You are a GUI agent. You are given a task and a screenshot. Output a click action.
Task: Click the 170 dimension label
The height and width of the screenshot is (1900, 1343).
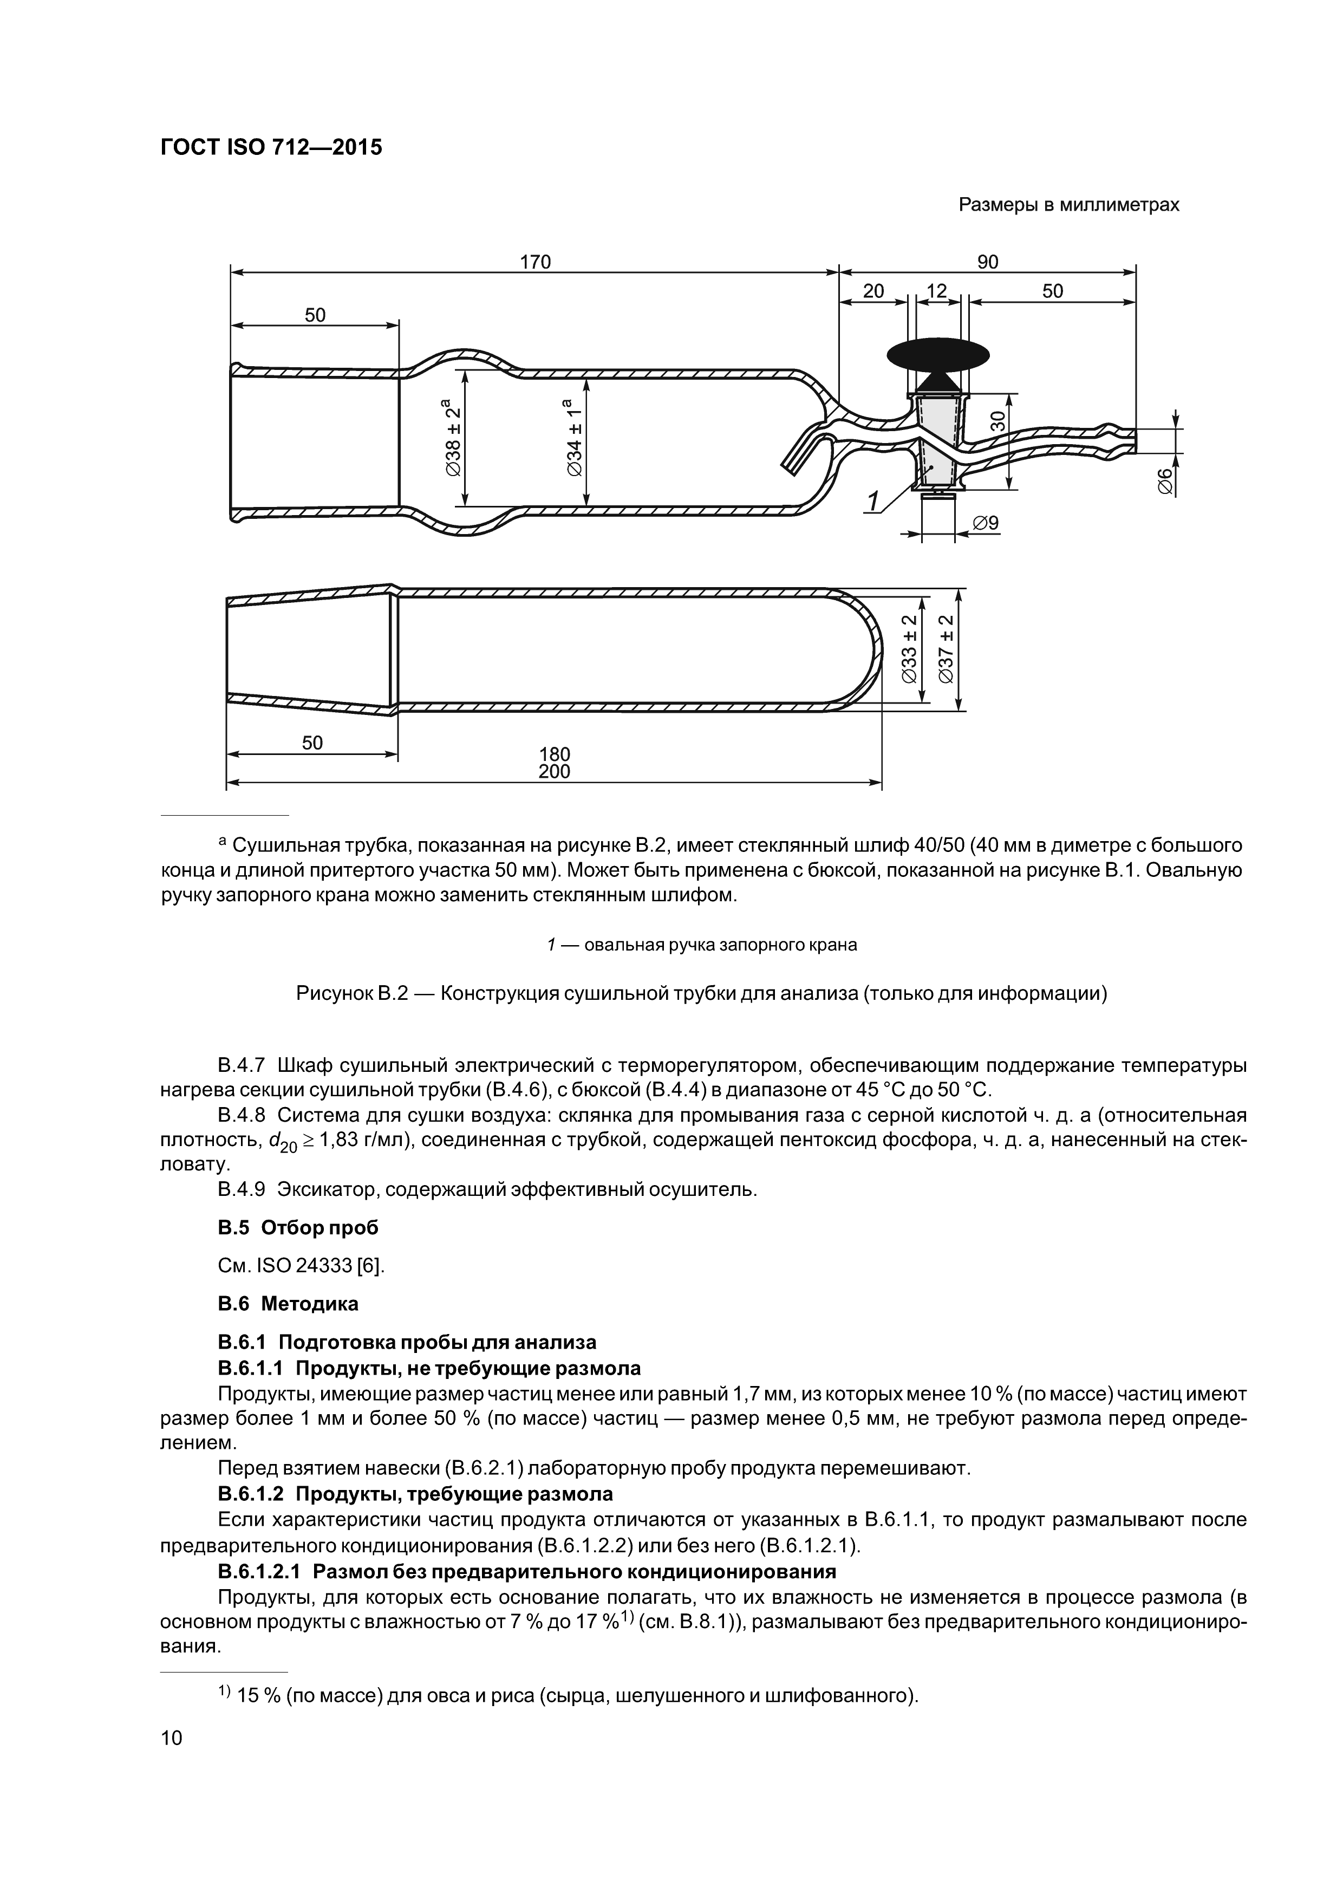534,262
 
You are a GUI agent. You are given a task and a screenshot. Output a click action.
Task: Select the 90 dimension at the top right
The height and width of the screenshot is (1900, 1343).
987,262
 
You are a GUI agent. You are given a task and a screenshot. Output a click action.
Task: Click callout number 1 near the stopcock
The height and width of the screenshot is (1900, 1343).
872,502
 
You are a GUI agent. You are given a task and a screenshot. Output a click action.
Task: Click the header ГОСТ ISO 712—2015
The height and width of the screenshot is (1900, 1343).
271,148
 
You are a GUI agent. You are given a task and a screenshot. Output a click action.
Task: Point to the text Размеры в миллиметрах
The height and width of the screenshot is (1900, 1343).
1068,204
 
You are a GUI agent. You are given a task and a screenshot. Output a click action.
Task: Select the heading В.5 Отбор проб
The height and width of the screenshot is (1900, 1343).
298,1227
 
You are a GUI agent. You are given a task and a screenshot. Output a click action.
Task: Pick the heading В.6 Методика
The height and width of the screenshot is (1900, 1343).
288,1303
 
